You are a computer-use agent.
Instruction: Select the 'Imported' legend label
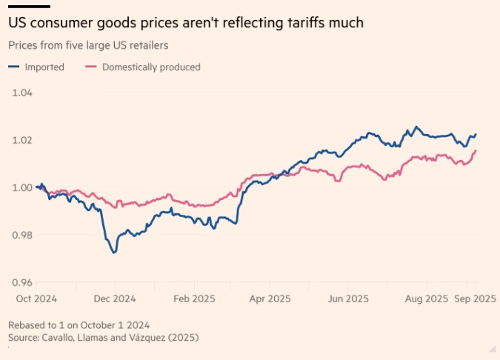44,67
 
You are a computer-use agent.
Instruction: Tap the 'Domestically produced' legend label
151,67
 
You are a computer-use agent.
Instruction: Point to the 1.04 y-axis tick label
22,93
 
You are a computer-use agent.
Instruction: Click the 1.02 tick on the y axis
22,140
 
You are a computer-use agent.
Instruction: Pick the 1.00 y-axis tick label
22,187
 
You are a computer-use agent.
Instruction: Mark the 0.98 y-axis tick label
22,235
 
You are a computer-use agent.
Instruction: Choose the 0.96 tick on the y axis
22,282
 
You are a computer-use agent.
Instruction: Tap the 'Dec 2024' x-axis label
114,299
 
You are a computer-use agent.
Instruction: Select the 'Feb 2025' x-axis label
193,299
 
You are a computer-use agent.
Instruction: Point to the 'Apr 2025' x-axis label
270,299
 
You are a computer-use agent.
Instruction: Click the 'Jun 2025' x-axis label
348,299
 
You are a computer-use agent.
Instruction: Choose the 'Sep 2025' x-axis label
474,299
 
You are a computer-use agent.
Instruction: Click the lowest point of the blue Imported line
113,253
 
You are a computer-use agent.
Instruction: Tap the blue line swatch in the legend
14,67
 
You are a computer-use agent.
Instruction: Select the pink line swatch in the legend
92,67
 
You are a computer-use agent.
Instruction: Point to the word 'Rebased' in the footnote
27,325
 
